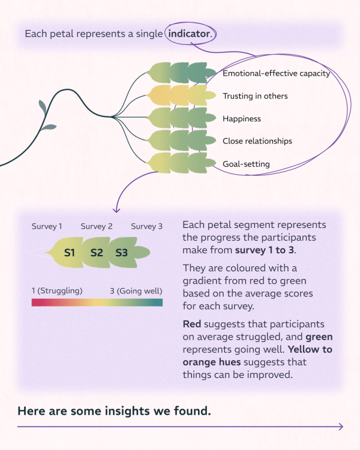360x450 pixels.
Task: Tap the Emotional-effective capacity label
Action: pos(276,74)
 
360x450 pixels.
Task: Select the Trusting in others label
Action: pos(255,96)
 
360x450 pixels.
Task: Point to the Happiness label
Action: pos(242,119)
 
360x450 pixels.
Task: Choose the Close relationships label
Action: pos(257,141)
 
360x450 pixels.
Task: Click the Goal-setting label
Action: pos(246,164)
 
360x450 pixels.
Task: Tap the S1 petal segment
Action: pos(70,253)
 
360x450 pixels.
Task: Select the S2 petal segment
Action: pos(97,253)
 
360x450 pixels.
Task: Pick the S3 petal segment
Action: pos(122,253)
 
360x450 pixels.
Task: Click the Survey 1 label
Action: pos(47,226)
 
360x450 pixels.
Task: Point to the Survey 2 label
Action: pos(97,226)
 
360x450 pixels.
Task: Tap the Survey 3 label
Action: pos(147,226)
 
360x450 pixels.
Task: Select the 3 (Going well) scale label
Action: pos(134,291)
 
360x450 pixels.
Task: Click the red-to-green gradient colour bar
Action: pos(97,302)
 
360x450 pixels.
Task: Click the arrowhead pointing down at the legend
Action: pos(116,210)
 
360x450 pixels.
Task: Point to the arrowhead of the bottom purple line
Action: pos(341,427)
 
